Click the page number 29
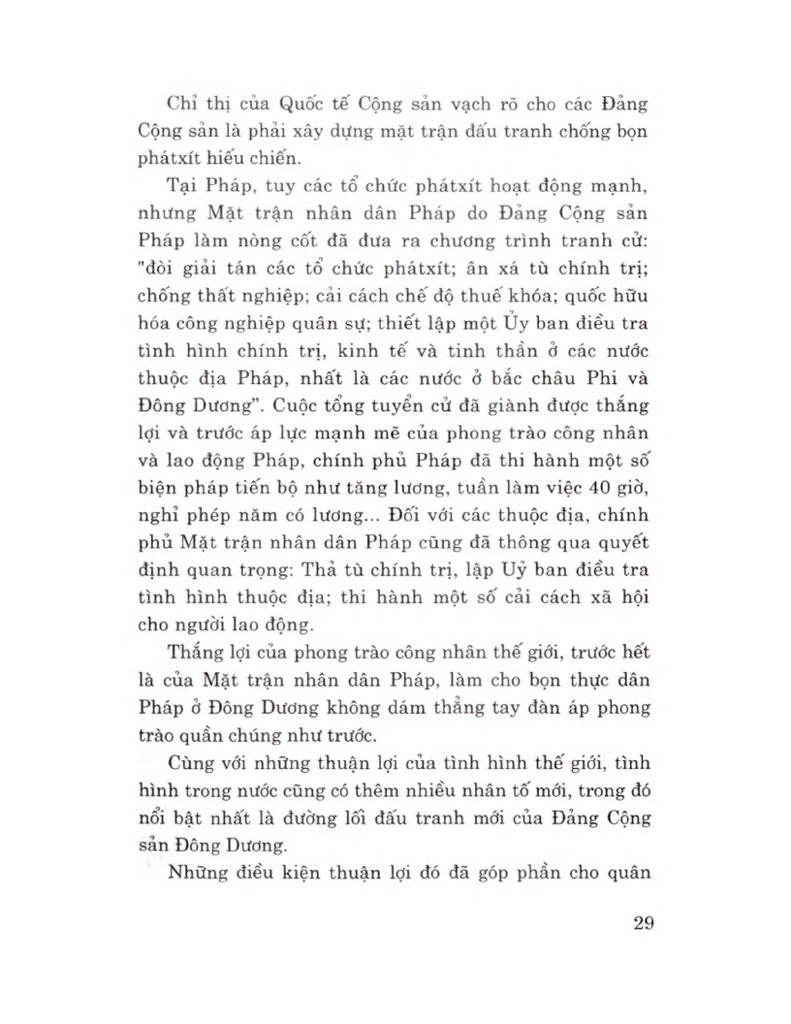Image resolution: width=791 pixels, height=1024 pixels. click(x=638, y=922)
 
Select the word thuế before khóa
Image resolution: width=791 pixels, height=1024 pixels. click(x=493, y=291)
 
